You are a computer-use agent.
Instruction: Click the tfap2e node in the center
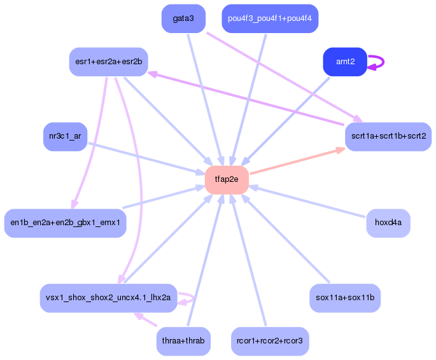click(x=226, y=179)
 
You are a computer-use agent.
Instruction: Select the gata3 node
click(x=183, y=18)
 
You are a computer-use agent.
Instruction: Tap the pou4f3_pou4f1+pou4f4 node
click(x=269, y=18)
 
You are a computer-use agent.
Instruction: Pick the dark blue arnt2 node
click(x=344, y=62)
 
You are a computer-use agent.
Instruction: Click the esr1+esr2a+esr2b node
click(x=108, y=62)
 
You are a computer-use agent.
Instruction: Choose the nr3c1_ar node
click(x=65, y=137)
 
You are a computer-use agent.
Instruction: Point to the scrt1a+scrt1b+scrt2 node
click(x=388, y=137)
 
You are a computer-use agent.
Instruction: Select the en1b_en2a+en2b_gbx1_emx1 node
click(x=65, y=223)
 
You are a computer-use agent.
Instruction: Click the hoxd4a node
click(x=388, y=223)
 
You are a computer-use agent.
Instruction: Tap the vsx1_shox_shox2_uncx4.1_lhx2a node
click(x=108, y=298)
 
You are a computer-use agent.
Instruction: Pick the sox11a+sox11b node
click(x=344, y=298)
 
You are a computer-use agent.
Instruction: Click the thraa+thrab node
click(x=183, y=341)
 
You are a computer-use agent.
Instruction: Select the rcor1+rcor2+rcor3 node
click(x=269, y=341)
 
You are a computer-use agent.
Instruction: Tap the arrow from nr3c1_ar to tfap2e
click(x=143, y=157)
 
